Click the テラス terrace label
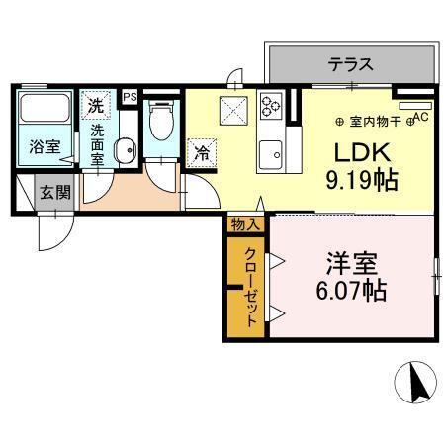tap(351, 65)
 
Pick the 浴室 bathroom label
tap(43, 147)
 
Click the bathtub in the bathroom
tap(43, 112)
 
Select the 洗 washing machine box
tap(96, 103)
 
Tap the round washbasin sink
tap(125, 151)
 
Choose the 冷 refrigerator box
tap(201, 153)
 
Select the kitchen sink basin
tap(270, 153)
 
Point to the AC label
tap(419, 117)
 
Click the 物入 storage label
tap(245, 224)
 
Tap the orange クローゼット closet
tap(248, 287)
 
